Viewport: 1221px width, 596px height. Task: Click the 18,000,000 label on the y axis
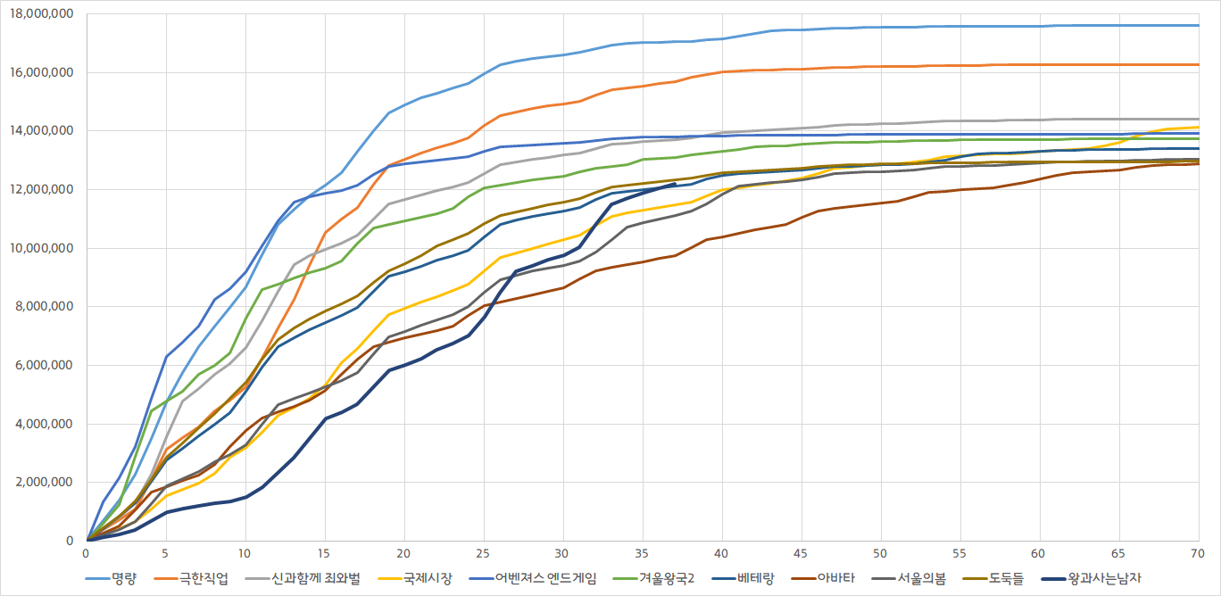[x=42, y=14]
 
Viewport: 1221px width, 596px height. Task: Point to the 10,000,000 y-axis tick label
[x=42, y=248]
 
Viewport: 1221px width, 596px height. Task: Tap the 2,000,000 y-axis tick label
[x=46, y=483]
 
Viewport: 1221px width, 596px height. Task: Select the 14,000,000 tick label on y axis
[x=42, y=131]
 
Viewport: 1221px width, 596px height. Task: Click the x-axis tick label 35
[x=641, y=553]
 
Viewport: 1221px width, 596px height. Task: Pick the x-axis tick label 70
[x=1196, y=553]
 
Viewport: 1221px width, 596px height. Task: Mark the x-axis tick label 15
[x=324, y=553]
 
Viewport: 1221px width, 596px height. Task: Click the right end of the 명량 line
[x=1197, y=25]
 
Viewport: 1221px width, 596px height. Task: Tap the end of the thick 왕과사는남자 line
[x=674, y=184]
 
